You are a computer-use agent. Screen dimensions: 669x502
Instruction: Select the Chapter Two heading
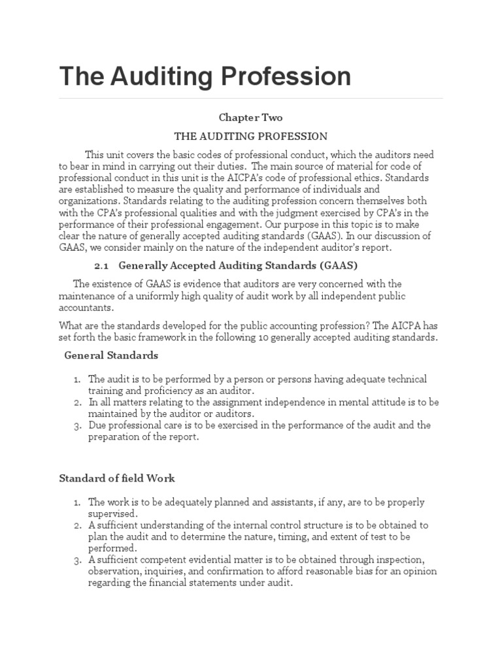click(x=250, y=117)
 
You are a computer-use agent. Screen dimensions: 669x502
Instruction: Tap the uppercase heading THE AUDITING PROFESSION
click(x=250, y=137)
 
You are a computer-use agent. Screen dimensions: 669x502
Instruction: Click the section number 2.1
click(x=101, y=265)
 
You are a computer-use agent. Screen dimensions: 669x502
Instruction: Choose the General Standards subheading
click(x=111, y=355)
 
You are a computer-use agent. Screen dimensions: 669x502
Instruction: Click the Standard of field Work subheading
click(x=117, y=478)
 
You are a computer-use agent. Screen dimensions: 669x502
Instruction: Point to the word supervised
click(x=110, y=514)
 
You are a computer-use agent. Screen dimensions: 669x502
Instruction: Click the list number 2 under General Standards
click(x=76, y=402)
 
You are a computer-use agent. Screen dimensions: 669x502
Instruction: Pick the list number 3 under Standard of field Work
click(x=76, y=560)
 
